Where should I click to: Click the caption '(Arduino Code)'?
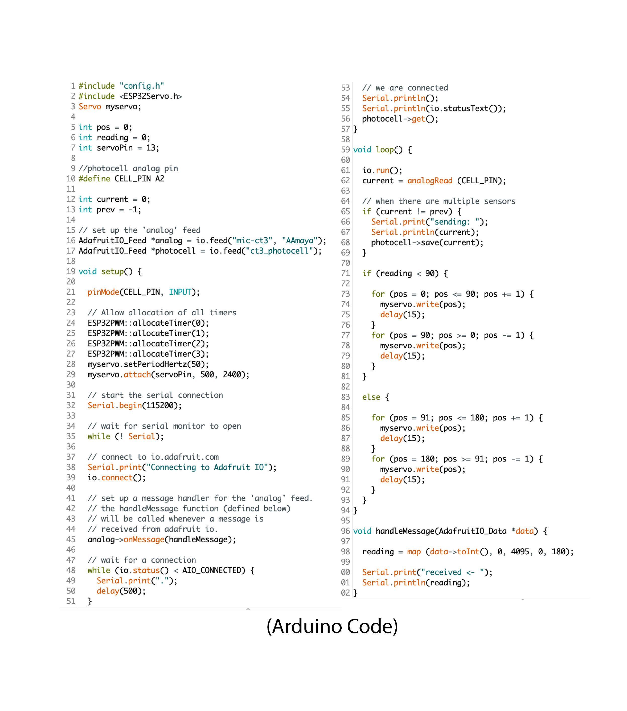pyautogui.click(x=332, y=626)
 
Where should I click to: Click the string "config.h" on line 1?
pyautogui.click(x=142, y=86)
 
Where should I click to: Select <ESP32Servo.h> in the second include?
pyautogui.click(x=150, y=96)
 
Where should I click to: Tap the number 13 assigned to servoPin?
pyautogui.click(x=150, y=148)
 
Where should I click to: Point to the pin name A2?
pyautogui.click(x=160, y=179)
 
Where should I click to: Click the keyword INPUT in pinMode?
pyautogui.click(x=180, y=292)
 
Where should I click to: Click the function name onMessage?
pyautogui.click(x=144, y=540)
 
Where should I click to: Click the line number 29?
pyautogui.click(x=71, y=375)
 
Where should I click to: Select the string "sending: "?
pyautogui.click(x=456, y=222)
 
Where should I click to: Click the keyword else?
pyautogui.click(x=371, y=397)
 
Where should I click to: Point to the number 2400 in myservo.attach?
pyautogui.click(x=232, y=375)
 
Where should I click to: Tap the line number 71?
pyautogui.click(x=345, y=273)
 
